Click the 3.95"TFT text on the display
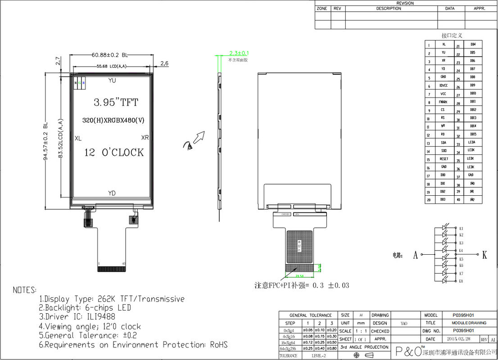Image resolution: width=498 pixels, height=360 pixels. (x=116, y=103)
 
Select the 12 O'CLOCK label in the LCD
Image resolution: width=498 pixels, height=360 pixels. (x=114, y=153)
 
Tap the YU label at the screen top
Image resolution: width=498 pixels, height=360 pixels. (x=112, y=81)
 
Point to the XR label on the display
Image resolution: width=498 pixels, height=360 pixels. (x=145, y=138)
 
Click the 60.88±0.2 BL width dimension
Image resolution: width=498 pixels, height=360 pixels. (x=110, y=55)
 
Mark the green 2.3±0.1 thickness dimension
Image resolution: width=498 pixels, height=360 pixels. (x=239, y=53)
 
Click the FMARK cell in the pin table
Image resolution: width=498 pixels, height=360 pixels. (x=443, y=102)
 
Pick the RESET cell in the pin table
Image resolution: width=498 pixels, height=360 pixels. (x=444, y=159)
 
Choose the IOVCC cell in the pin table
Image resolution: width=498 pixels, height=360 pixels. (x=443, y=85)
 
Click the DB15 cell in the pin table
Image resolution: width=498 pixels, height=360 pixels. (x=473, y=134)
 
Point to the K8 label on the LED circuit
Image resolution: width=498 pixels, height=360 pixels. (x=461, y=281)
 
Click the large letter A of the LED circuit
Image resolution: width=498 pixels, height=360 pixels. (x=415, y=255)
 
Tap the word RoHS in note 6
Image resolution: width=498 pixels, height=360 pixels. (x=219, y=345)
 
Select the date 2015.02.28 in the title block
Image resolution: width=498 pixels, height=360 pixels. (x=459, y=339)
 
